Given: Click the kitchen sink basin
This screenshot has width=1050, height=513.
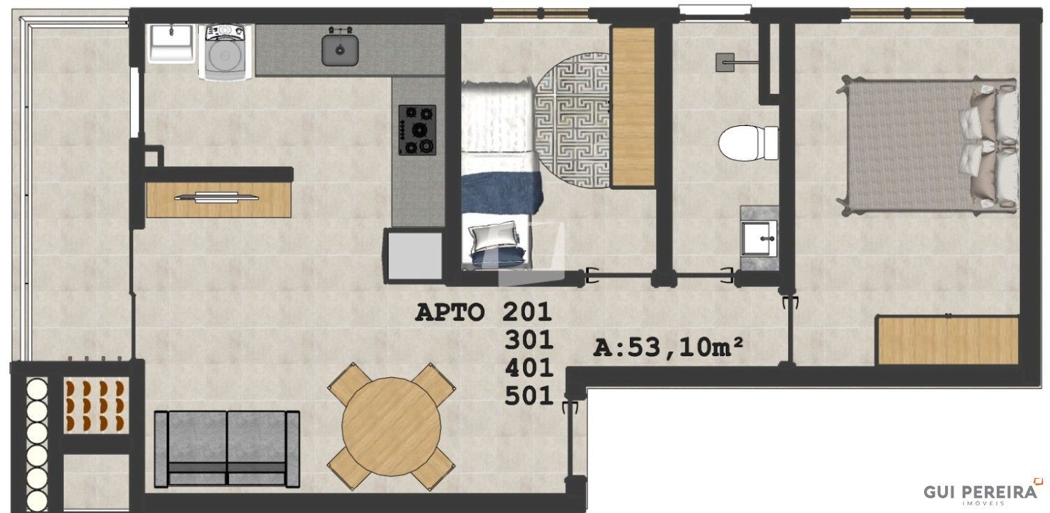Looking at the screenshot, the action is coord(339,50).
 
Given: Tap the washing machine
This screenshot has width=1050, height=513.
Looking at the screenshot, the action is coord(225,52).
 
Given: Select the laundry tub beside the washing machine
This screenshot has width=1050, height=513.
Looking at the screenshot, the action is coord(171,43).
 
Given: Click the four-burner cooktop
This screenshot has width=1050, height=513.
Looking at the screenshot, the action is coord(417,129).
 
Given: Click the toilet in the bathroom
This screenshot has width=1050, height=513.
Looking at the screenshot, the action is coord(748,142).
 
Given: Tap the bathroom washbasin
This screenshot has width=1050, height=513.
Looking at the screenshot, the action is coord(759,239).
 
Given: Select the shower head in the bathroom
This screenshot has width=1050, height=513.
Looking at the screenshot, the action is coord(725,62).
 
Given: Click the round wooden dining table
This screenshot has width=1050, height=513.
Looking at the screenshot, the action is coord(391,427).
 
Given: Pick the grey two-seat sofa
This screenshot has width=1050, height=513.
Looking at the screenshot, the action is coord(227,449).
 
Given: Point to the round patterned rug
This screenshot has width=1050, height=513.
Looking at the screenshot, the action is coord(573,120).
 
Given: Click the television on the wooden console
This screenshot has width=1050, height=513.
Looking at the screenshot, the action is coord(216,197).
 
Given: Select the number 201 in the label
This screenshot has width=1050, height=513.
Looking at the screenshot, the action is coord(527,312).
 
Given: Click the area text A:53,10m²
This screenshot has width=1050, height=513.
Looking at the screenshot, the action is coord(668,347).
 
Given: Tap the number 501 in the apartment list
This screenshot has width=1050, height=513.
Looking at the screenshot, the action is coord(528,396).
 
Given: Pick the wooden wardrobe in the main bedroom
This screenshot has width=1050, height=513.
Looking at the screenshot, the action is coord(948,340).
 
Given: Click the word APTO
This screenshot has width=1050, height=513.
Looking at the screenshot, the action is coord(449,313).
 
